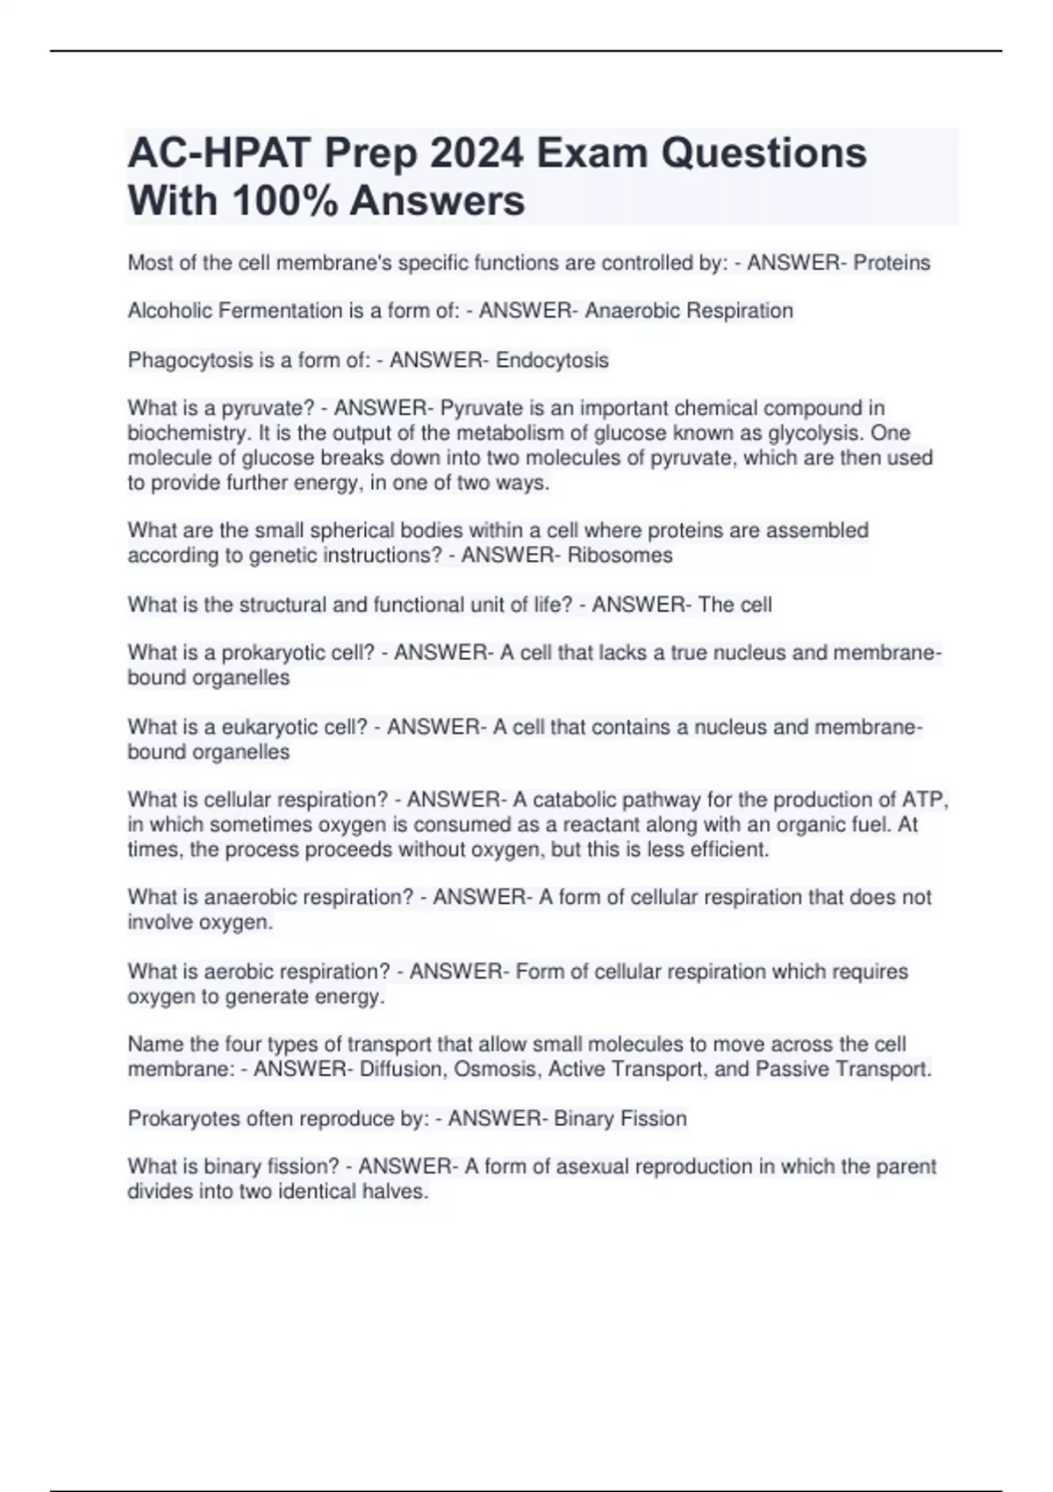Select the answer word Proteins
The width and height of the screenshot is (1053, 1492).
click(x=892, y=263)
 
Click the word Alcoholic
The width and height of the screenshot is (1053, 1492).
click(x=166, y=311)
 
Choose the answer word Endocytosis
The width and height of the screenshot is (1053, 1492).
click(x=552, y=361)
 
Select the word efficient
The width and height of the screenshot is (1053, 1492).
click(x=727, y=850)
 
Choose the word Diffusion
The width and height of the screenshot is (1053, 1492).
click(x=402, y=1070)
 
